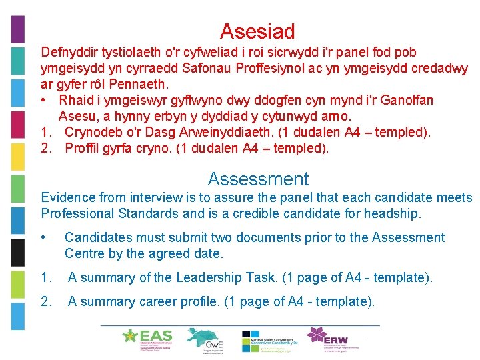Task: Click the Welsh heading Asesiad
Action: [x=257, y=31]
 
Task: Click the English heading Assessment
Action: [x=258, y=179]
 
